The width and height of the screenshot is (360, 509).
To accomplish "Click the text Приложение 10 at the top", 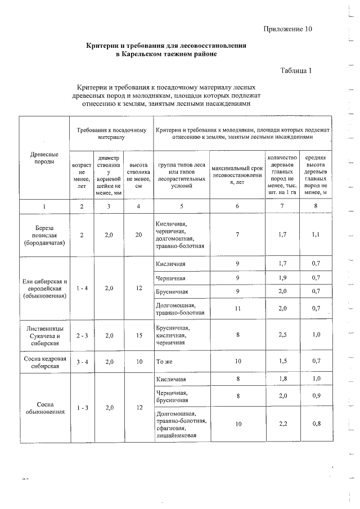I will click(x=287, y=29).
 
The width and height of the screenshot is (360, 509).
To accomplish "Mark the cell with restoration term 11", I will click(x=237, y=308).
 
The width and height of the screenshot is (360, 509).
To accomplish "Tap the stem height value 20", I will click(x=138, y=234).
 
